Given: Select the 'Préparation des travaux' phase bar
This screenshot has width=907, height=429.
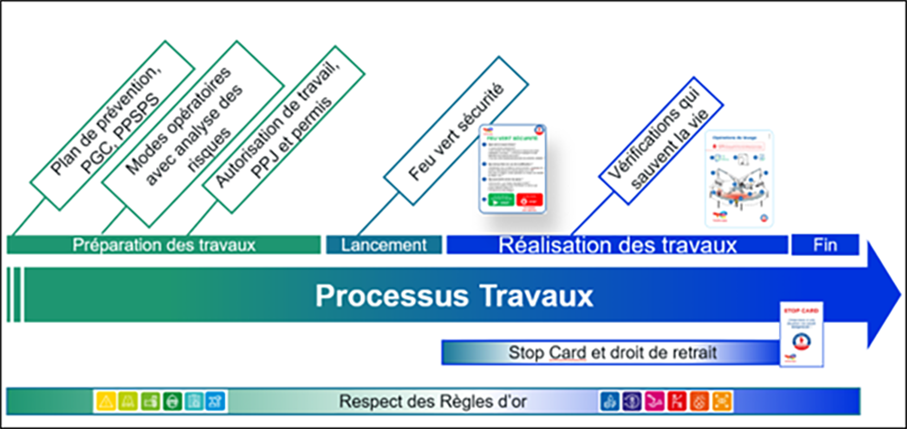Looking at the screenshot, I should [164, 245].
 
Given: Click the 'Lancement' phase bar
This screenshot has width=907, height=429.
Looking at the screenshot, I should [384, 245].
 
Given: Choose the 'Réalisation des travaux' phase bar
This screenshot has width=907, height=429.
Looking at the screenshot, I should [617, 245].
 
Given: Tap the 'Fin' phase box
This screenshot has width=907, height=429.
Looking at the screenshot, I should [824, 245].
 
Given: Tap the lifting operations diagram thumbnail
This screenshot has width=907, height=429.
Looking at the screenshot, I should [738, 178].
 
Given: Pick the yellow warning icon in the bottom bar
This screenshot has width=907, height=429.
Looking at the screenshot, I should [105, 400].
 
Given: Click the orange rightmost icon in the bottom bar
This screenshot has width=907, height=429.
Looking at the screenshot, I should [723, 400].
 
